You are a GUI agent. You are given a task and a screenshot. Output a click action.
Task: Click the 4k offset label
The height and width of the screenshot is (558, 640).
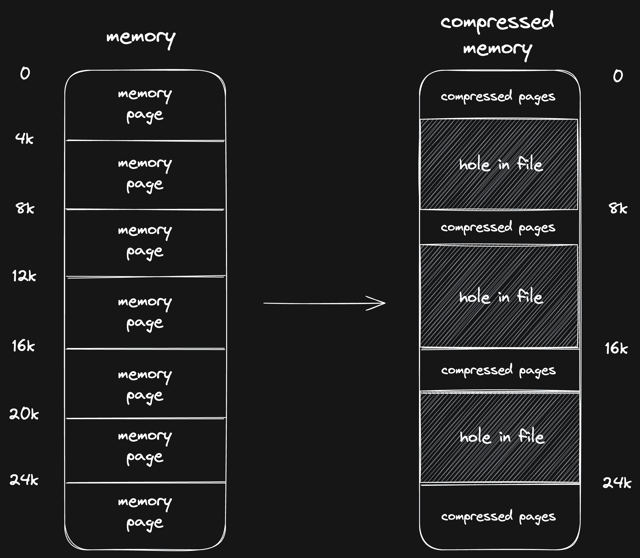(x=24, y=138)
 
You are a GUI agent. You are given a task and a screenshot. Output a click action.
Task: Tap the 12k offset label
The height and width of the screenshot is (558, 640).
(x=24, y=276)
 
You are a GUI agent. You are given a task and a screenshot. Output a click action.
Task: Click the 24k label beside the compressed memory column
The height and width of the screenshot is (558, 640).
(x=617, y=483)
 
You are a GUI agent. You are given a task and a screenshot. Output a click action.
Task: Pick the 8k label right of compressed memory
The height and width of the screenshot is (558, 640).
(x=618, y=208)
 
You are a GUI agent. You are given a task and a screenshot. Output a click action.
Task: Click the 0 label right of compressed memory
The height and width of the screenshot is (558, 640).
(x=618, y=76)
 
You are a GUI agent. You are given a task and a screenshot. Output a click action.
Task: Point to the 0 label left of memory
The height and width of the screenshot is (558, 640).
(x=25, y=73)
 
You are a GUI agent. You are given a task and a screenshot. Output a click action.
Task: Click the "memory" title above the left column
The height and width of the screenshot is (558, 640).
(x=141, y=38)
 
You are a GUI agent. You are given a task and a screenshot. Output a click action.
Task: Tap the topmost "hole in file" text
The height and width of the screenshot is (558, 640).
(x=501, y=164)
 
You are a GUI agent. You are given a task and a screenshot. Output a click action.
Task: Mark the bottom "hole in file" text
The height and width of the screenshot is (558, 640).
(x=502, y=436)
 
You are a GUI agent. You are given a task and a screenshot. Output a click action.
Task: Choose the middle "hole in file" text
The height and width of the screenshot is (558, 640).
(x=501, y=297)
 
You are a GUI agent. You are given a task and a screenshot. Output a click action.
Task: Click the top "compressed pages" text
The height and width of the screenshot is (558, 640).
(x=498, y=97)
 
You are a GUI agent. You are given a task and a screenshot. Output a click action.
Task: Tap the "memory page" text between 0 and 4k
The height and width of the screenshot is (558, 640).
(x=145, y=105)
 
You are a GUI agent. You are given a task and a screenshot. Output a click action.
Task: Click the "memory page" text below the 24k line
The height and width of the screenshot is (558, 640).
(x=145, y=512)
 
